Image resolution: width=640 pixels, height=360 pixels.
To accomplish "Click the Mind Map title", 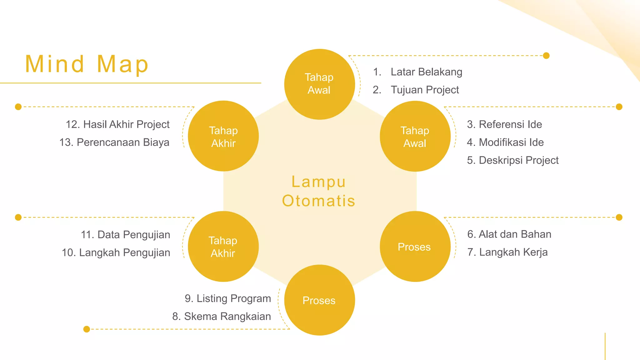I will tap(87, 64).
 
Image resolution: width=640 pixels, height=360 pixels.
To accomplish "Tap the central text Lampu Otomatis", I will tap(319, 191).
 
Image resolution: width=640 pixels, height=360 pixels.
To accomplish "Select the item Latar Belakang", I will tap(426, 72).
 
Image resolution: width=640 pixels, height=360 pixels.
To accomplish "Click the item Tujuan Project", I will tap(425, 90).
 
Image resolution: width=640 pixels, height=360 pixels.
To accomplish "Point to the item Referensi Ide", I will tap(510, 124).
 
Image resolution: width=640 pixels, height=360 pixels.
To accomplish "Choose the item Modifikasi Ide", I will tap(511, 142).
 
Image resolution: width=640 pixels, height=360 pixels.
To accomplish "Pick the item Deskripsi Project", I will tap(518, 160).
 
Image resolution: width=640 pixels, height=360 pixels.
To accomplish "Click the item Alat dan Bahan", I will tap(515, 234).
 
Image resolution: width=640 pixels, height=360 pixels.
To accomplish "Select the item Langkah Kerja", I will tap(513, 252).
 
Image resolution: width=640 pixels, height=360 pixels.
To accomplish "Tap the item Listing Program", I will tap(233, 298).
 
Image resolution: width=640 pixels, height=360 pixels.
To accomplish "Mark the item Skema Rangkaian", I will tap(227, 317).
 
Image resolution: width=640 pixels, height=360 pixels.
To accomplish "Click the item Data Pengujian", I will tap(133, 235).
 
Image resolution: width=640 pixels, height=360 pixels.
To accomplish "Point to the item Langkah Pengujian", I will tap(124, 252).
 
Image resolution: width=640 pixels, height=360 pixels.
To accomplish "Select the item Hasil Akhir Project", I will tap(126, 124).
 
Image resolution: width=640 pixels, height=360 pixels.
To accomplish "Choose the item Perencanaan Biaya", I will tap(123, 142).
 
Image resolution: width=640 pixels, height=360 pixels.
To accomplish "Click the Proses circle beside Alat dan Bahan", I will tap(415, 247).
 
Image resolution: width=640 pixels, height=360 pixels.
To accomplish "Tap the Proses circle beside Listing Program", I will tap(319, 300).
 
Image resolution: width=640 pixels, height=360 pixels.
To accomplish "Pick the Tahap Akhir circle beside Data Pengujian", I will tap(223, 247).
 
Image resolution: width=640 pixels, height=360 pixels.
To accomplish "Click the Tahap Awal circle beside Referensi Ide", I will tap(415, 136).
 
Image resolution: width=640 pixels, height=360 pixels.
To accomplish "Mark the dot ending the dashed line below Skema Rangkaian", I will tap(87, 329).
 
